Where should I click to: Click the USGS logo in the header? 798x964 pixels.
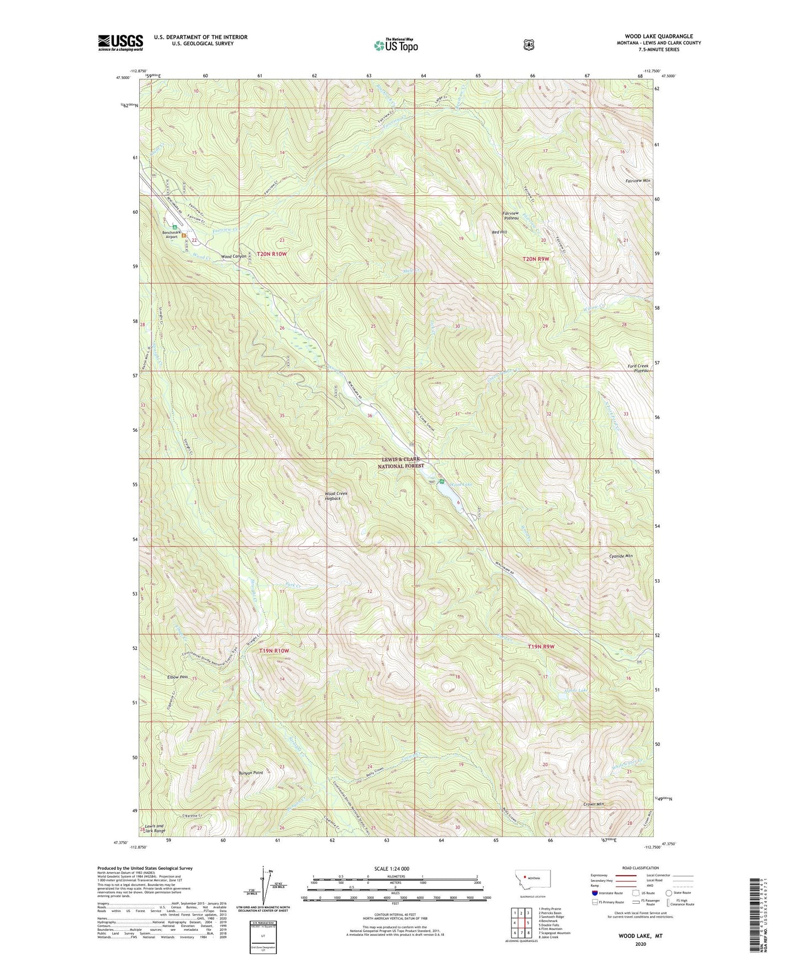pyautogui.click(x=120, y=43)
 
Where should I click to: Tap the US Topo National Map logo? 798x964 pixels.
pyautogui.click(x=395, y=45)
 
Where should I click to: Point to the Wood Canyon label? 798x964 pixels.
pyautogui.click(x=233, y=257)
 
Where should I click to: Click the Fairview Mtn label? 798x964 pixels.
pyautogui.click(x=638, y=181)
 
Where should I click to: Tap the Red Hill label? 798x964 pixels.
pyautogui.click(x=499, y=232)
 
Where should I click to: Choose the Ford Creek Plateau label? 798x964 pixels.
pyautogui.click(x=638, y=368)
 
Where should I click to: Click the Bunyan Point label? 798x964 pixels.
pyautogui.click(x=250, y=773)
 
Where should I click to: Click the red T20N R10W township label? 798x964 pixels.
pyautogui.click(x=272, y=254)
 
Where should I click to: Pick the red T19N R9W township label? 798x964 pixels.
pyautogui.click(x=540, y=646)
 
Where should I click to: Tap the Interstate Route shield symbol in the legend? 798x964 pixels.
pyautogui.click(x=594, y=893)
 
